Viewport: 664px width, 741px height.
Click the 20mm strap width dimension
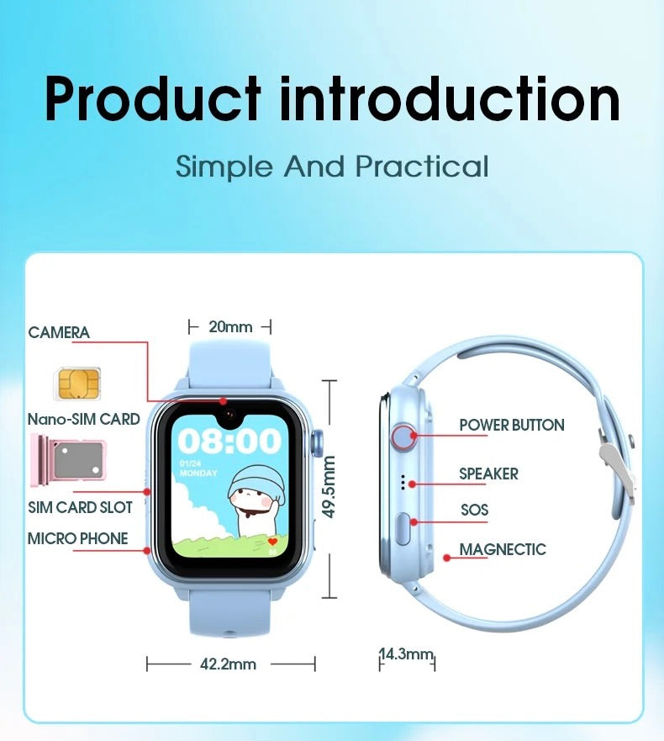tap(230, 326)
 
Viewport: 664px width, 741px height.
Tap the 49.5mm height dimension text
tap(329, 487)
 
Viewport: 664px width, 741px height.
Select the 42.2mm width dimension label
tap(228, 664)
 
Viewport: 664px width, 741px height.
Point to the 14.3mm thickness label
tap(407, 654)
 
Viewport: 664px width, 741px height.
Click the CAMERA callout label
tap(59, 332)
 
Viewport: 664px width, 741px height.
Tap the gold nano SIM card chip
tap(77, 384)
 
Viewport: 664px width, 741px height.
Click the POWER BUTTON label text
tap(512, 425)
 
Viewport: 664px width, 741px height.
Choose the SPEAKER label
tap(489, 474)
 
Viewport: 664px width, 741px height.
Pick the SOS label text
tap(475, 510)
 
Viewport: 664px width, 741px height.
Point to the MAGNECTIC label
tap(503, 549)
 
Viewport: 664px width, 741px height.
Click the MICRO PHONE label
tap(78, 538)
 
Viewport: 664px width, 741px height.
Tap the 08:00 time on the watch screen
tap(229, 441)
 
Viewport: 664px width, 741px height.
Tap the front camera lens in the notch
tap(230, 415)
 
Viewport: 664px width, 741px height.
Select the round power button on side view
tap(403, 437)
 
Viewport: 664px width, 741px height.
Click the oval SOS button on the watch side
tap(403, 529)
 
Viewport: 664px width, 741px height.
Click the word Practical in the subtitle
tap(422, 167)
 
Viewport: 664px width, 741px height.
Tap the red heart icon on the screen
tap(272, 542)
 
